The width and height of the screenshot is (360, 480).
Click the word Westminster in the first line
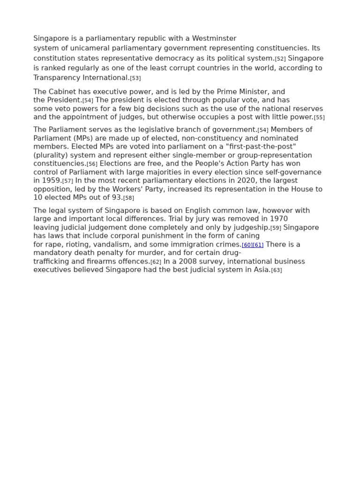pyautogui.click(x=214, y=38)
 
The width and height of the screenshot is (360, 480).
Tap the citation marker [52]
pyautogui.click(x=280, y=59)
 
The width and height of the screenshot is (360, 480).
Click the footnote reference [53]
pyautogui.click(x=135, y=78)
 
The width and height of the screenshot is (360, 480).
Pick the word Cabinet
pyautogui.click(x=64, y=92)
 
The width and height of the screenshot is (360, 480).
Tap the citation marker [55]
pyautogui.click(x=319, y=118)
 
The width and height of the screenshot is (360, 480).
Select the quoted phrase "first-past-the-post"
pyautogui.click(x=261, y=147)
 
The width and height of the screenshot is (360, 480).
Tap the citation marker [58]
pyautogui.click(x=128, y=198)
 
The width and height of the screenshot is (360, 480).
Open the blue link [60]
pyautogui.click(x=247, y=245)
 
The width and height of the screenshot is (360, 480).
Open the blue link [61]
pyautogui.click(x=258, y=245)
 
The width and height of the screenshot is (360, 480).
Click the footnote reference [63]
pyautogui.click(x=277, y=270)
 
